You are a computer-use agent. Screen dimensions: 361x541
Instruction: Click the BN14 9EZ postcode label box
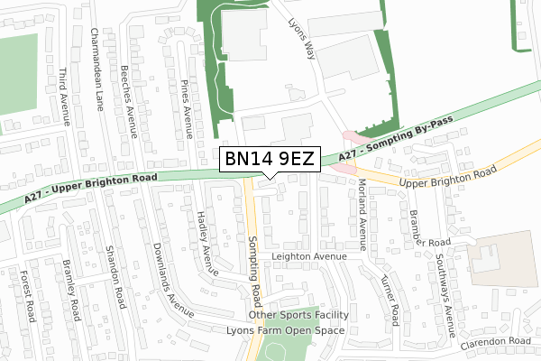coord(270,160)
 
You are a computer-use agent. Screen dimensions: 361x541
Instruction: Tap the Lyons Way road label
coord(301,40)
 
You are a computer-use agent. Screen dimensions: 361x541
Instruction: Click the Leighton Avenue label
coord(310,256)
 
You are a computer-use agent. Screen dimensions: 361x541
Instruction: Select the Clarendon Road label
coord(493,341)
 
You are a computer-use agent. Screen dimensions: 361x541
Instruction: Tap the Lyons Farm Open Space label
coord(286,330)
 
